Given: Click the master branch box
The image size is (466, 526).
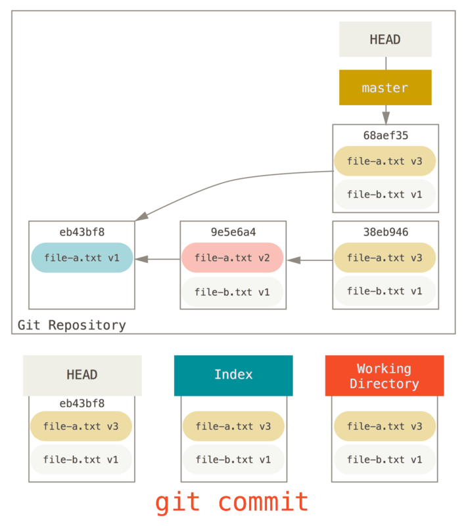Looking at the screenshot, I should [x=385, y=87].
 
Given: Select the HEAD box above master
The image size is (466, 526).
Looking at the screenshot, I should [x=385, y=39].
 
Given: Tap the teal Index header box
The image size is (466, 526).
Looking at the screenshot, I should [x=233, y=375].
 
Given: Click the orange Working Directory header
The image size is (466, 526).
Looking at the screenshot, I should [x=384, y=375].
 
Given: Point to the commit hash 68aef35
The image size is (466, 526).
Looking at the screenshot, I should [x=385, y=135].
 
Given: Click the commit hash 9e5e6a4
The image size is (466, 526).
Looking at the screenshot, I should [x=233, y=232].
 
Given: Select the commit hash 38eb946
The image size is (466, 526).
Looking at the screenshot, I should [x=385, y=232].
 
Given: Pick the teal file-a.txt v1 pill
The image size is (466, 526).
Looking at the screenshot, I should [x=82, y=258].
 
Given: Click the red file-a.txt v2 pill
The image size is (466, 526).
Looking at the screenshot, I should [x=233, y=258].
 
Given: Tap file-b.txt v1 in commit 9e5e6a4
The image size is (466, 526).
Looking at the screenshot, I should [x=233, y=291].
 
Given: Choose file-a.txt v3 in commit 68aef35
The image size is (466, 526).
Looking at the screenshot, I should [x=384, y=161].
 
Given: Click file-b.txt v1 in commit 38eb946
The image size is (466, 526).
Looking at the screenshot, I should [x=384, y=291].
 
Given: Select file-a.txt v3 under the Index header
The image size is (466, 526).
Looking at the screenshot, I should [x=233, y=426].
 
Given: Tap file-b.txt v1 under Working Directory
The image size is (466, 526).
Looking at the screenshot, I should [x=384, y=460].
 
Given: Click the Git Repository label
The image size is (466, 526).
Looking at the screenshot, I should [x=72, y=325].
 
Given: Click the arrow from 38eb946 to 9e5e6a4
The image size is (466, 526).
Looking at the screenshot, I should [x=309, y=260].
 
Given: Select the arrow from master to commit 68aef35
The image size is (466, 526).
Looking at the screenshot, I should [x=385, y=115].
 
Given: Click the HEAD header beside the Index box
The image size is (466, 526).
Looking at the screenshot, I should [x=82, y=375].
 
